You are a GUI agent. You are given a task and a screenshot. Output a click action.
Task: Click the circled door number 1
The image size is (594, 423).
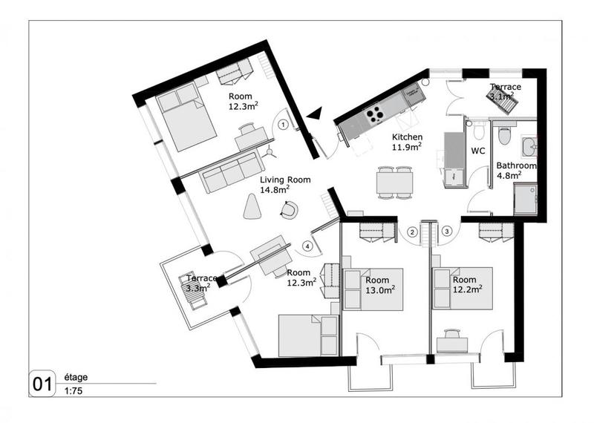[284, 125]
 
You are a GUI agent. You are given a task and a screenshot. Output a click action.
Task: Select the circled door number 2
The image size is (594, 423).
[411, 232]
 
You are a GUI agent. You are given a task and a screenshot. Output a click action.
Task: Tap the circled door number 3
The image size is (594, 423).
[447, 232]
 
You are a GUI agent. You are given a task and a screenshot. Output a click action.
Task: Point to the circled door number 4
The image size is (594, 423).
[306, 246]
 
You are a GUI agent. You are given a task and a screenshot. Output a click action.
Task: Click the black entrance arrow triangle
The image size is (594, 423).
[315, 113]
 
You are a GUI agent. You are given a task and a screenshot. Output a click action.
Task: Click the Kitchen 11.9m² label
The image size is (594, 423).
[407, 142]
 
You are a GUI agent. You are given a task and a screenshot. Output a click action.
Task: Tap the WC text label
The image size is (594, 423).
[478, 151]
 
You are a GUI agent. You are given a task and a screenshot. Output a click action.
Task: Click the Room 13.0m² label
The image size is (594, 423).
[380, 285]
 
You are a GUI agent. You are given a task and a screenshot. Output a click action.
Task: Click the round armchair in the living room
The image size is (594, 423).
[290, 210]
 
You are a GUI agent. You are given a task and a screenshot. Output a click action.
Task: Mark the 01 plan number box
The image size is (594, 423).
[41, 384]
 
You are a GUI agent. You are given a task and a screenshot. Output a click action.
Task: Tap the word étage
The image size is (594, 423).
[76, 377]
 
